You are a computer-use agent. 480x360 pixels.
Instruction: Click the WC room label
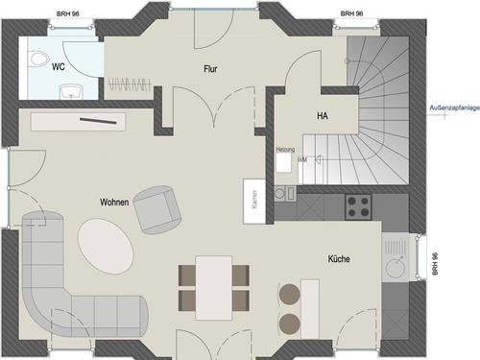[59, 67]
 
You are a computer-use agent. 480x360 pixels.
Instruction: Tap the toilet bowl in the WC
[38, 59]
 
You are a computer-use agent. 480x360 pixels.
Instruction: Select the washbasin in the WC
[71, 91]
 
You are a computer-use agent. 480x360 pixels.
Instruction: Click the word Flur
[210, 69]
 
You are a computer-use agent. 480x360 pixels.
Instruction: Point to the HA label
[323, 115]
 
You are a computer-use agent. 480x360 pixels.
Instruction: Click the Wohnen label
[114, 203]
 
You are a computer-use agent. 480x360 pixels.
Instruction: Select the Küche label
[339, 258]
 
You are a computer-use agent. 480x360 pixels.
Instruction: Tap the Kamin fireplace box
[254, 201]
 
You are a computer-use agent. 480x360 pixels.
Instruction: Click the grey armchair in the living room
[157, 209]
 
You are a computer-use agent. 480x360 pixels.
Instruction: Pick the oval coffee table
[106, 246]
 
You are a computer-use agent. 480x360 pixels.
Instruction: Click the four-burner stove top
[358, 206]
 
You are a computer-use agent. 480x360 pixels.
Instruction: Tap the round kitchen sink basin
[396, 268]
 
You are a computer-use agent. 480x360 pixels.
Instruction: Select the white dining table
[214, 288]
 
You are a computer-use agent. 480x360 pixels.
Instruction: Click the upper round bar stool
[290, 294]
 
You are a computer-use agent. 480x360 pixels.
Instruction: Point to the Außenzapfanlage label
[454, 108]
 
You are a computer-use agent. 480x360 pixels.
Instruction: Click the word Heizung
[285, 150]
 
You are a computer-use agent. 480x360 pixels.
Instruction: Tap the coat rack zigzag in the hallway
[129, 84]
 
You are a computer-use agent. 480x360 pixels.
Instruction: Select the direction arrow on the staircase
[320, 158]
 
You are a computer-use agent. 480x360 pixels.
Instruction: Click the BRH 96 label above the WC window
[68, 13]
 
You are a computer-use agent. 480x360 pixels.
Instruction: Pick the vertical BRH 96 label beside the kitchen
[434, 264]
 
